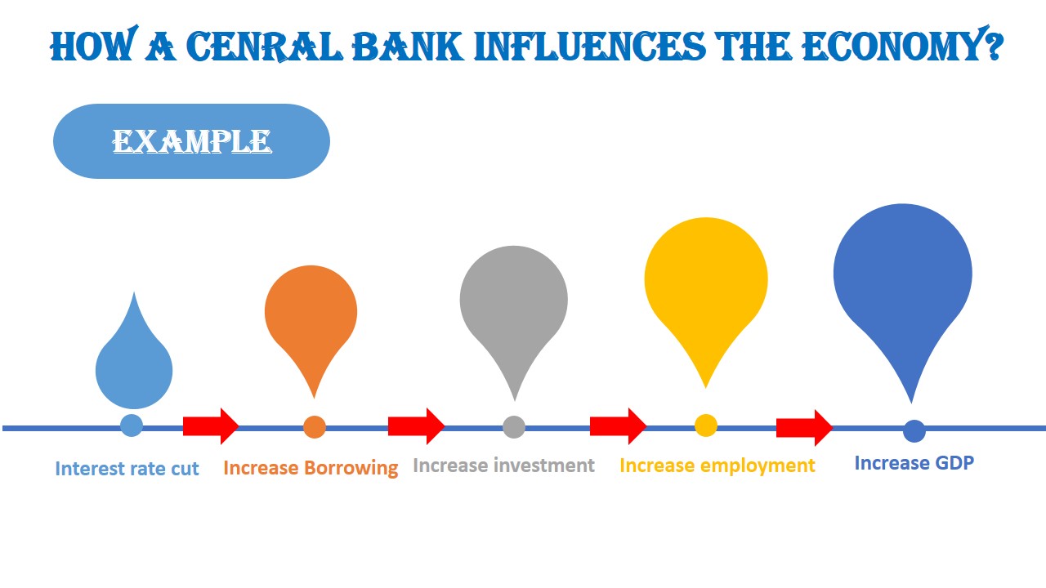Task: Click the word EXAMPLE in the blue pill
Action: pyautogui.click(x=191, y=141)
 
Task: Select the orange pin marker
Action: pyautogui.click(x=311, y=314)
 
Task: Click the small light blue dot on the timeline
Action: pyautogui.click(x=132, y=425)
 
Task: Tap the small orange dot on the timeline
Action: pyautogui.click(x=315, y=427)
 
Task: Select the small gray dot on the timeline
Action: pyautogui.click(x=513, y=426)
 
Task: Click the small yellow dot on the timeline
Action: pyautogui.click(x=706, y=425)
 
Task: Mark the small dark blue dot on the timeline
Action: pyautogui.click(x=914, y=430)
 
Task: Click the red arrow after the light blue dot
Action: pyautogui.click(x=210, y=425)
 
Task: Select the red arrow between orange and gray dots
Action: pyautogui.click(x=416, y=425)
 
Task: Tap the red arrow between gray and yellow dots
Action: pyautogui.click(x=618, y=425)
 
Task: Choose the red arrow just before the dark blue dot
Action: pyautogui.click(x=804, y=427)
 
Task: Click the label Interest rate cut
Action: pyautogui.click(x=127, y=469)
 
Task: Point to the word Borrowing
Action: pyautogui.click(x=351, y=468)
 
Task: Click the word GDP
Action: pyautogui.click(x=953, y=463)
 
